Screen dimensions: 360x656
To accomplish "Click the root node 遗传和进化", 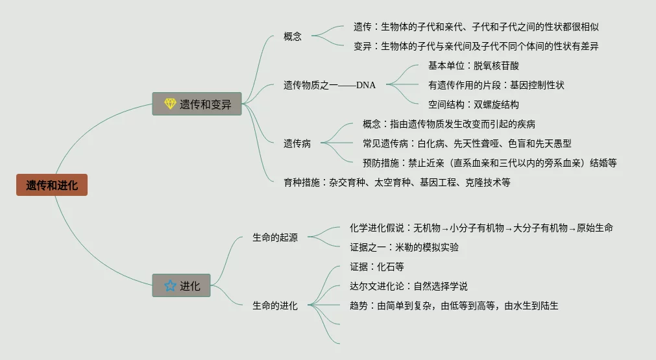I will coord(52,186).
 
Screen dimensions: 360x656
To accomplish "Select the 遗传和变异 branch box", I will coord(197,104).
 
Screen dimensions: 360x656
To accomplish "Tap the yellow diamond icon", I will coord(170,104).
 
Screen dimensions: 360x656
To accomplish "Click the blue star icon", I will coord(170,285).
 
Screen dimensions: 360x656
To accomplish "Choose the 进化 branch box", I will coord(182,285).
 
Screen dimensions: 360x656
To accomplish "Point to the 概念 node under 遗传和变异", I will coord(293,36).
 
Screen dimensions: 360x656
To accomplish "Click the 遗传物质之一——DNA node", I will coord(330,84).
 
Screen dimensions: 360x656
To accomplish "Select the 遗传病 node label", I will coord(297,143).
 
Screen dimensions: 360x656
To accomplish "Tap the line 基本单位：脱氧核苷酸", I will coord(474,66).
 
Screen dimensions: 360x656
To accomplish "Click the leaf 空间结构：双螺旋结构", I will coord(474,104).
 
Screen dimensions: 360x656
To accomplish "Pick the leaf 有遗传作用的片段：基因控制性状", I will coord(496,85).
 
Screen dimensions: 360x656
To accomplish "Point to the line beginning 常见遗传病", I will coord(467,143).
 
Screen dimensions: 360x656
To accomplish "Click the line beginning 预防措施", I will coord(489,163).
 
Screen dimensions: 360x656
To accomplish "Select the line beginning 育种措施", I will coord(397,182).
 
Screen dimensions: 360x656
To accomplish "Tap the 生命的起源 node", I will coord(275,237).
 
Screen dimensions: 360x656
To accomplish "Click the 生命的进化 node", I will coord(275,306).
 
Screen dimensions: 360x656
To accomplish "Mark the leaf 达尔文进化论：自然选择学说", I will coord(409,286).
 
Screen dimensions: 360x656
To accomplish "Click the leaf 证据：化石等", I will coord(377,267).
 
